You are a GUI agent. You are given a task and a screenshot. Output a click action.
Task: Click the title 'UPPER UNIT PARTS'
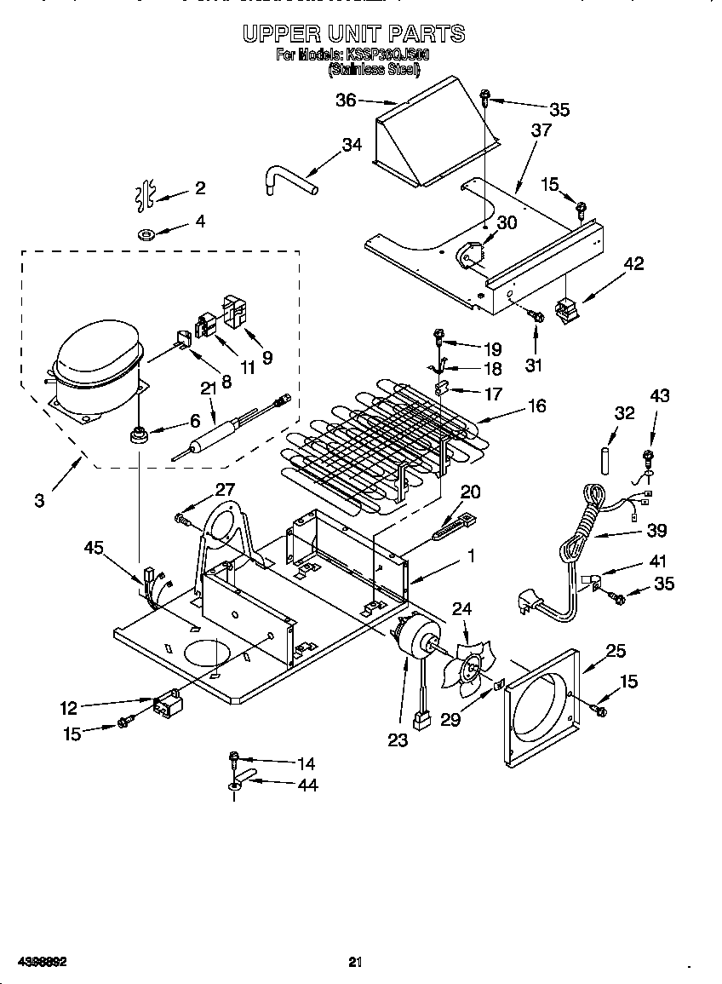353,34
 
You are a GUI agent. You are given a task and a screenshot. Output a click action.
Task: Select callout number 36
346,101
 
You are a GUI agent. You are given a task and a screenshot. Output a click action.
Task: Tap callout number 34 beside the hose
352,145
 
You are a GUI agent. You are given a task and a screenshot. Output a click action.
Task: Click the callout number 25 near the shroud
616,651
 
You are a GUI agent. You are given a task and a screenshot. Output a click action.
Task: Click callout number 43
659,395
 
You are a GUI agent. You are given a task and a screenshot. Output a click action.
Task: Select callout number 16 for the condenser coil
536,406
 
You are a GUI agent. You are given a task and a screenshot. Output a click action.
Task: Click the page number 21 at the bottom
356,963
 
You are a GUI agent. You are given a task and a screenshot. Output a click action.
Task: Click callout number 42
634,263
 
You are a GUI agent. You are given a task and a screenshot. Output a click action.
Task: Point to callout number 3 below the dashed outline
40,501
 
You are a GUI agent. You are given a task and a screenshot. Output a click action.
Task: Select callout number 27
224,489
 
